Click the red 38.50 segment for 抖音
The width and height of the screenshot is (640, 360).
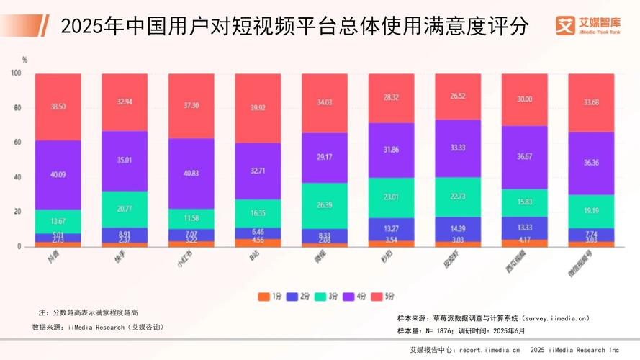[x=58, y=106]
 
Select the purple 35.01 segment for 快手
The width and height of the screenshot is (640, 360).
[x=125, y=161]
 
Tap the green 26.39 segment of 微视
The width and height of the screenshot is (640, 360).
[x=325, y=205]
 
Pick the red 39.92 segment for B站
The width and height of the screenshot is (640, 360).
[x=258, y=108]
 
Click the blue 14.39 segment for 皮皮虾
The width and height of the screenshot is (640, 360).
[x=458, y=228]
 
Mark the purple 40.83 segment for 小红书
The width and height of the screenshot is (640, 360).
[x=191, y=174]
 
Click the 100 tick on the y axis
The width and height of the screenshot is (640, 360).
[x=16, y=73]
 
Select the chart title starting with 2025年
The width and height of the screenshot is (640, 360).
[x=294, y=27]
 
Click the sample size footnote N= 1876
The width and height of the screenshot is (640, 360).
[x=461, y=330]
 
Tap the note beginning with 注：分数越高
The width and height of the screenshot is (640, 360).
[x=87, y=312]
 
